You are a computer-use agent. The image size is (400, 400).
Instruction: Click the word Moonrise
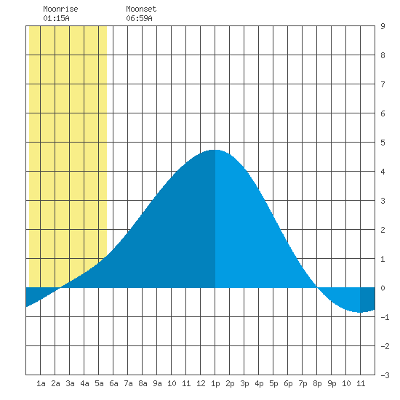(x=60, y=9)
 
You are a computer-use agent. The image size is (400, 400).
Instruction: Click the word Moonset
(x=141, y=9)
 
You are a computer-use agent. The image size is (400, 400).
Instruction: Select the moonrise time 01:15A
(x=56, y=18)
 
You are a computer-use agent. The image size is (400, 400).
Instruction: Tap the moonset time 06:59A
(x=139, y=18)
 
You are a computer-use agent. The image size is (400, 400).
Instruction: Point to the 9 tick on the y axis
(x=383, y=26)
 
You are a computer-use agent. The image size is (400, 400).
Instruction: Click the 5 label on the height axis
(x=383, y=143)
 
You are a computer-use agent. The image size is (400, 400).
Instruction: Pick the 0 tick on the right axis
(x=383, y=288)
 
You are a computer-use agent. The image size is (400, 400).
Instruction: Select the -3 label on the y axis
(x=385, y=375)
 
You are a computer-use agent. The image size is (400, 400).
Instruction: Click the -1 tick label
(x=385, y=317)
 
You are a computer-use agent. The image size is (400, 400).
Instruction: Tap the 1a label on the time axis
(x=41, y=383)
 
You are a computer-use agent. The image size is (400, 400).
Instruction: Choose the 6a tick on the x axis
(x=113, y=383)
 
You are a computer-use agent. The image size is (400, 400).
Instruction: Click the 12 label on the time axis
(x=201, y=383)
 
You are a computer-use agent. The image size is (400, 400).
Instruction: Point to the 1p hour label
(x=215, y=383)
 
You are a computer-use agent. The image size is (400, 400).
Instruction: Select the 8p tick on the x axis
(x=317, y=383)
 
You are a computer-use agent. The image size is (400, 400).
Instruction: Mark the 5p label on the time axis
(x=273, y=383)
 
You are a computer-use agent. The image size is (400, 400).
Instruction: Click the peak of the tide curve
(x=215, y=150)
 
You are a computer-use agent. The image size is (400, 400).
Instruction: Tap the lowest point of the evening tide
(x=360, y=312)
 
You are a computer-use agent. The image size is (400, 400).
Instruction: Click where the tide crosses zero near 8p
(x=317, y=288)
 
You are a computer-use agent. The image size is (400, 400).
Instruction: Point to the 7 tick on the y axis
(x=383, y=84)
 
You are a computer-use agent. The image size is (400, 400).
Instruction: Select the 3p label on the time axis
(x=244, y=383)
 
